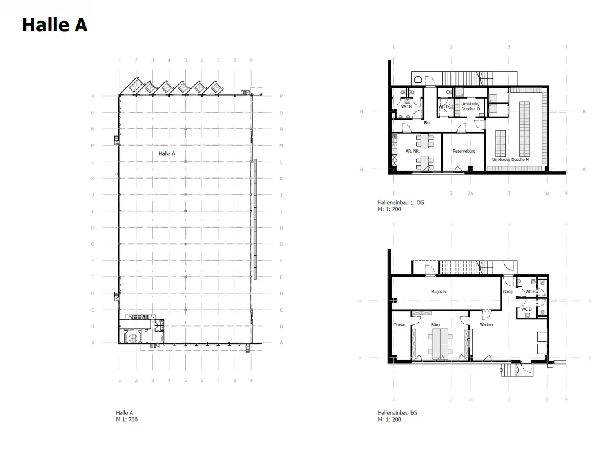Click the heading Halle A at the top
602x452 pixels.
click(x=54, y=25)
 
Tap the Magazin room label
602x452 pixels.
click(x=438, y=292)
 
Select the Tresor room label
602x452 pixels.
click(x=399, y=324)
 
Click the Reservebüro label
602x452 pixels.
click(x=464, y=151)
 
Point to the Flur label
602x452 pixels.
click(x=427, y=123)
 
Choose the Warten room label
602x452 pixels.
click(x=486, y=324)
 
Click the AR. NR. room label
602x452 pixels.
click(x=412, y=151)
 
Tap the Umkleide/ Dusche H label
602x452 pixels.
click(x=510, y=160)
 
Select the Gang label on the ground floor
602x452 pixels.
click(x=508, y=292)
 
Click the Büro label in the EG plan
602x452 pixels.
click(x=435, y=324)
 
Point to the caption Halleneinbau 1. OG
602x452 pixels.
click(x=401, y=202)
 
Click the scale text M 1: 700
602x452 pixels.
click(x=127, y=419)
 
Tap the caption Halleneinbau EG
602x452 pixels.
click(x=397, y=413)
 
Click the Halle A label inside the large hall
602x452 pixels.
click(x=167, y=153)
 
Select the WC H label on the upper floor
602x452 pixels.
click(x=406, y=106)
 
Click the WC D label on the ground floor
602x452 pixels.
click(x=526, y=309)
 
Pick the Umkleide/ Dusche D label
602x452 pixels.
click(x=470, y=106)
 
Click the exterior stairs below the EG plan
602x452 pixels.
click(x=510, y=370)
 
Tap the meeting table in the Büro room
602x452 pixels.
click(x=440, y=344)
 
